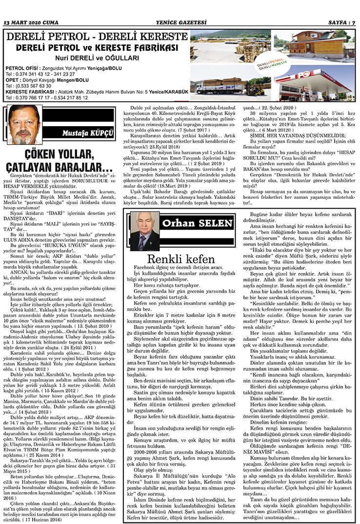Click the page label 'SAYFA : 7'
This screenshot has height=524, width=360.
pyautogui.click(x=340, y=22)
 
